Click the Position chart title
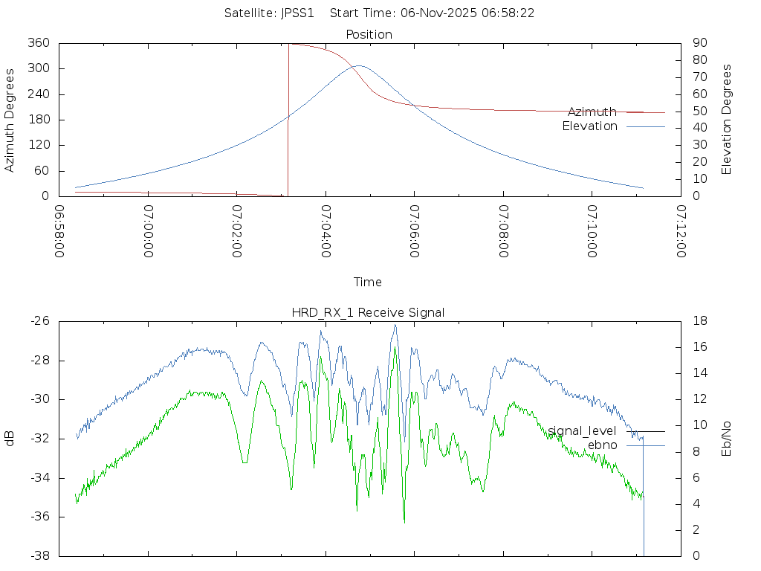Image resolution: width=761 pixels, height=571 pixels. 369,34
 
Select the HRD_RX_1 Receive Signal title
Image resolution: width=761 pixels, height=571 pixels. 369,312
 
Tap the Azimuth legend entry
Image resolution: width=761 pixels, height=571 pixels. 592,112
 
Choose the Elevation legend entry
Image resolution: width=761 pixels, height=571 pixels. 589,126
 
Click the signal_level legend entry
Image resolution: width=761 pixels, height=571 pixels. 582,430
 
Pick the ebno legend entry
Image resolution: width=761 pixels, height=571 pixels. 602,445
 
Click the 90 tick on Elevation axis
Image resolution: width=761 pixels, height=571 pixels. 699,43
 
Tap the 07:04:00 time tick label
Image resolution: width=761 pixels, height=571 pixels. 326,231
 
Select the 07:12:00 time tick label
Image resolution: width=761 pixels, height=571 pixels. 681,231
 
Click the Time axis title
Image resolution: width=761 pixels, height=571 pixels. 368,282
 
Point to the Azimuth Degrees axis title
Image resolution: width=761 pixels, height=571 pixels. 10,120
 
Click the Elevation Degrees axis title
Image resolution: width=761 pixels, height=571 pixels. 727,120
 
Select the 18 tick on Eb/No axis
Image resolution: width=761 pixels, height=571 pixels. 699,321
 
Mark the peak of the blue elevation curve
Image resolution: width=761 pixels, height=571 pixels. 359,65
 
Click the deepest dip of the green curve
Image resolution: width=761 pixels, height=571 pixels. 404,523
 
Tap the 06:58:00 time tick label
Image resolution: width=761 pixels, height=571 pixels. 59,231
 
